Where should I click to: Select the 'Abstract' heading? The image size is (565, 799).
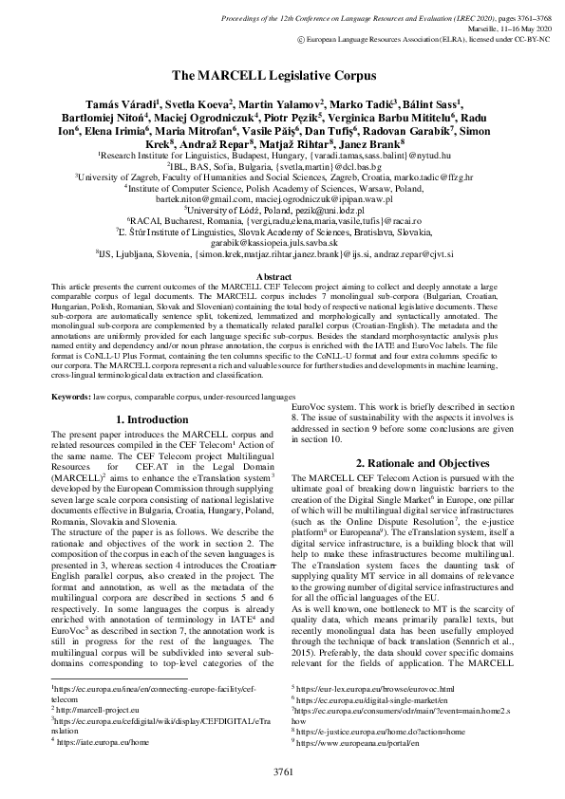pyautogui.click(x=281, y=276)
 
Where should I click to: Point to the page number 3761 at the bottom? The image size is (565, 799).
pyautogui.click(x=283, y=768)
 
